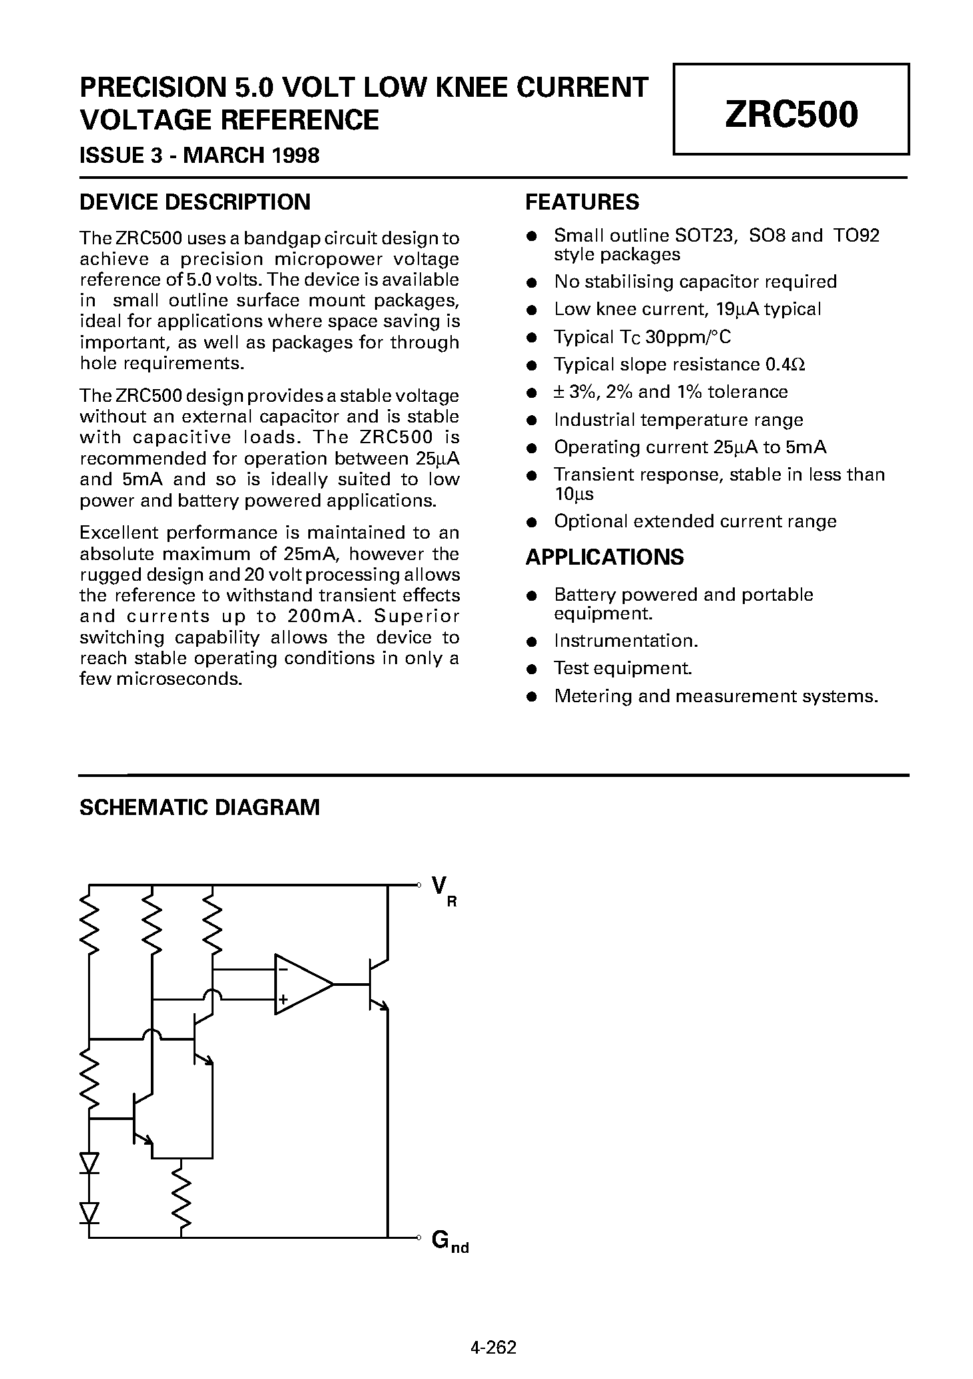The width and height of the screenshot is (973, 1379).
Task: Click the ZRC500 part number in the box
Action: click(791, 114)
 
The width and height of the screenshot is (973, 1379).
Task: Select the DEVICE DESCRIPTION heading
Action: click(194, 202)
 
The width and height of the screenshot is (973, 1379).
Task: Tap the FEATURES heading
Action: click(582, 202)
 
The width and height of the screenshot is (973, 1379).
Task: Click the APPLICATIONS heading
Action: click(604, 557)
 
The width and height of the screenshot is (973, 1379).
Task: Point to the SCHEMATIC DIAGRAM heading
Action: click(200, 807)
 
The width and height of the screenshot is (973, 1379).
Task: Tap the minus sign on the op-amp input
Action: click(283, 969)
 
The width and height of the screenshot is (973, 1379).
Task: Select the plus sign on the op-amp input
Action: click(283, 999)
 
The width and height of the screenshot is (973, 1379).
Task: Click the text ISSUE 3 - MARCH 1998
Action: click(200, 156)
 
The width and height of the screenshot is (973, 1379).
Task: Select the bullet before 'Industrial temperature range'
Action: click(532, 421)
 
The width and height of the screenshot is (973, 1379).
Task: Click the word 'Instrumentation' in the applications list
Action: click(625, 641)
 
